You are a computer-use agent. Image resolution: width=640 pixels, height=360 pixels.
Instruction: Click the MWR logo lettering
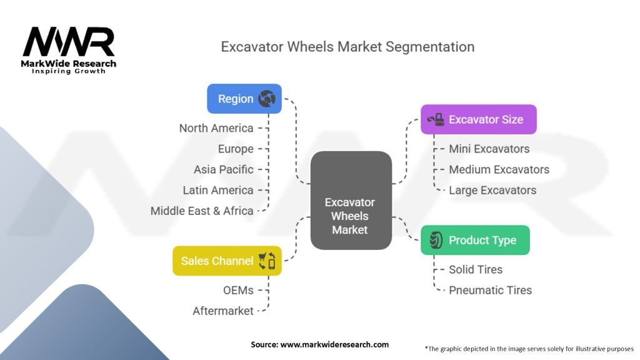pos(69,42)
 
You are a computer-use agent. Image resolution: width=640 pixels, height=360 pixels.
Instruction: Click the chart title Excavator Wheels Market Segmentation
pos(347,47)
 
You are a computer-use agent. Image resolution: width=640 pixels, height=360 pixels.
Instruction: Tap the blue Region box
pos(244,99)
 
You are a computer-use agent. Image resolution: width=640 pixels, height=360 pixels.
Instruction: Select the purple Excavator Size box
pos(478,119)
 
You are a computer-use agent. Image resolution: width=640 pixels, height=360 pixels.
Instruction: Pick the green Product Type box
pos(475,240)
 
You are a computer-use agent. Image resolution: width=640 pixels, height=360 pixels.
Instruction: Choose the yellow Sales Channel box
pos(227,261)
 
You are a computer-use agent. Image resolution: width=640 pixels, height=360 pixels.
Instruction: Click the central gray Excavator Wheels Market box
pos(351,201)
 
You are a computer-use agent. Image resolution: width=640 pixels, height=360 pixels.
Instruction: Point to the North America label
pos(216,128)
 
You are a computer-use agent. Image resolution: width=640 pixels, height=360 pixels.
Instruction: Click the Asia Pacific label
pos(224,169)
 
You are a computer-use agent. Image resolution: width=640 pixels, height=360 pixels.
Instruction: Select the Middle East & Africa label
pos(202,211)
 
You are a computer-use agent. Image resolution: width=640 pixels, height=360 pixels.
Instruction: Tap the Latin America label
pos(218,190)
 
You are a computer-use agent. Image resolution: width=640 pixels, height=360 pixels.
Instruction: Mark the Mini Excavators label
pos(489,149)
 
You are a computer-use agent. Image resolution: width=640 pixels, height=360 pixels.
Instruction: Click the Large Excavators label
pos(492,190)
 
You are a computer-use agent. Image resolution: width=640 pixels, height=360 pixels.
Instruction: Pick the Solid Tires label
pos(476,269)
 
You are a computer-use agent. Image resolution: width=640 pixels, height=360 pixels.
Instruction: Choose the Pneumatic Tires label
pos(490,290)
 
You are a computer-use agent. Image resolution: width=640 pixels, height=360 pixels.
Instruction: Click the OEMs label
pos(238,290)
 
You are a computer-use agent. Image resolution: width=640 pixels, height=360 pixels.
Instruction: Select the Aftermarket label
pos(223,311)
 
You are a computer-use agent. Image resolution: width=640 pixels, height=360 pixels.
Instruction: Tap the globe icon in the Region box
pos(267,99)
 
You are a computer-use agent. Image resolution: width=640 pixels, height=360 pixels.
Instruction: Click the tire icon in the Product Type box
pos(436,240)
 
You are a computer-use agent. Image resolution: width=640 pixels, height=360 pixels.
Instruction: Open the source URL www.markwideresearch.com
pos(334,344)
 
